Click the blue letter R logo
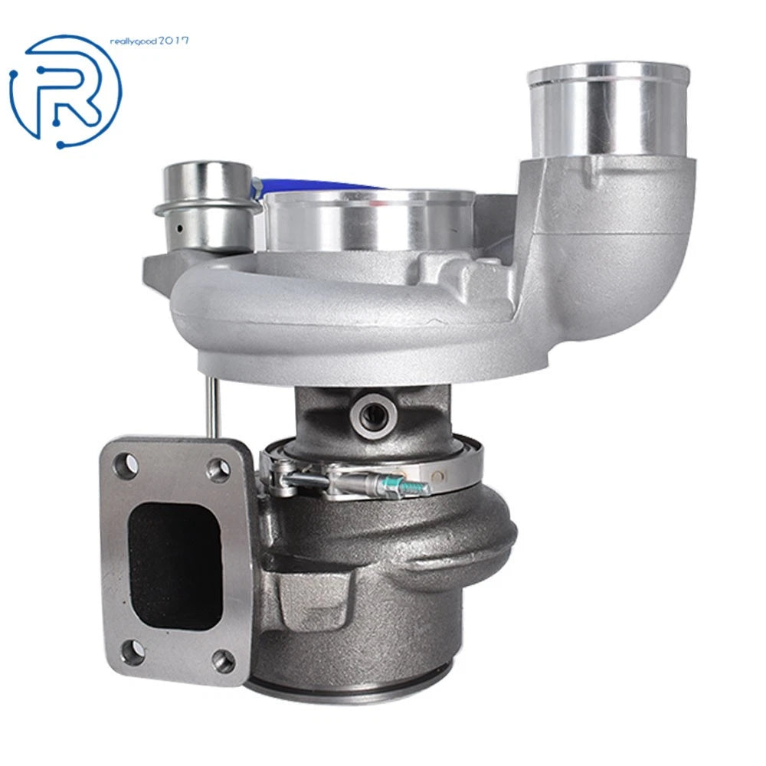coord(66,91)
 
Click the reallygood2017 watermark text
coord(149,41)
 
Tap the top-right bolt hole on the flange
coord(218,468)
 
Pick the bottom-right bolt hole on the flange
coord(224,662)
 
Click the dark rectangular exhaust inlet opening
coord(174,565)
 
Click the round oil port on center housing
coord(374,414)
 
